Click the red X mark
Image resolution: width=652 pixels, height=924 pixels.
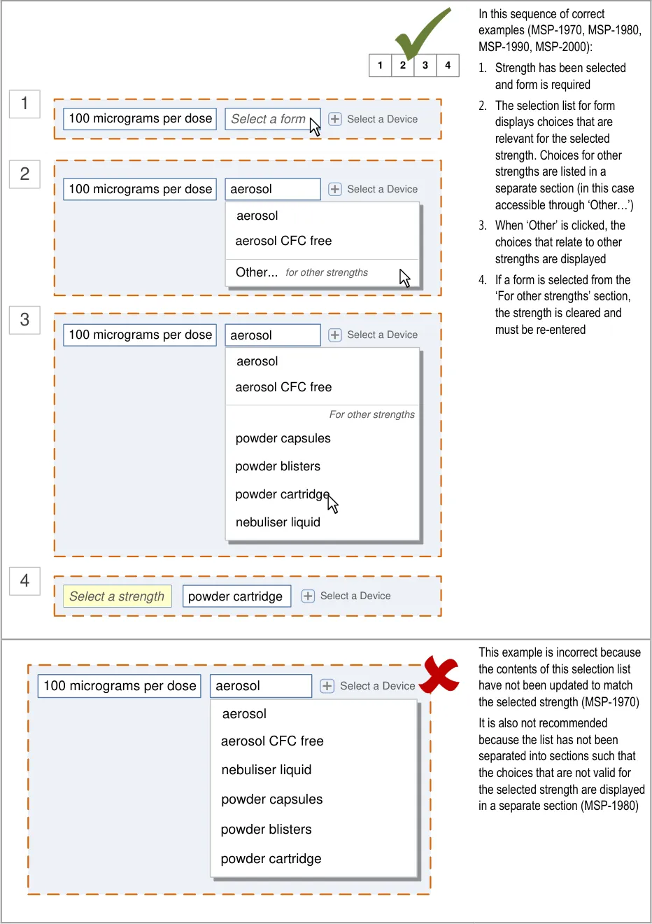[x=439, y=675]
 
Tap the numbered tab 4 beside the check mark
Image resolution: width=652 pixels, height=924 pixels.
[x=448, y=65]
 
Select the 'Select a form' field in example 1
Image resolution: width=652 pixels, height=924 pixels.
[x=269, y=119]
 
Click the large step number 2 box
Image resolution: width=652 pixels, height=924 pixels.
[x=24, y=174]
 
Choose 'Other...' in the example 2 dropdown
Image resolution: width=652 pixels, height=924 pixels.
[x=257, y=272]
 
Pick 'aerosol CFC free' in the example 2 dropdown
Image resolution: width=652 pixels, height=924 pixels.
[x=283, y=241]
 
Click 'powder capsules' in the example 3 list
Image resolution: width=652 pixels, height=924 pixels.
[x=283, y=438]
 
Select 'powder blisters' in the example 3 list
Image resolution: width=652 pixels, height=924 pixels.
[x=278, y=466]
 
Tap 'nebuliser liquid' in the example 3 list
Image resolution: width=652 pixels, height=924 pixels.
[x=278, y=522]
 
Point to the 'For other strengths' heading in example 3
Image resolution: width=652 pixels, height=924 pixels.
[x=371, y=414]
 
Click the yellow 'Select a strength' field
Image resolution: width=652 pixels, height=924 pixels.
[x=117, y=596]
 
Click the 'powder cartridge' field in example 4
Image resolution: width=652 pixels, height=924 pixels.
[x=236, y=596]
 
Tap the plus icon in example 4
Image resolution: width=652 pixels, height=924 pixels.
[x=308, y=596]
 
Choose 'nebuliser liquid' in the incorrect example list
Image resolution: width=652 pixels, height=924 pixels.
[x=267, y=770]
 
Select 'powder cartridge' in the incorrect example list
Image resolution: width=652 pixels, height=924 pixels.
[x=271, y=859]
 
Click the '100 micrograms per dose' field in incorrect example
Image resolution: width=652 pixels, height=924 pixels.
[x=120, y=686]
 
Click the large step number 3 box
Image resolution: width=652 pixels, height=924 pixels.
[x=24, y=320]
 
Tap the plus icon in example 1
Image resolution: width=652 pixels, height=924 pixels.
[x=335, y=119]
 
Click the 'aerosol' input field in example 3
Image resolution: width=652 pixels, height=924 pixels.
[x=272, y=335]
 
